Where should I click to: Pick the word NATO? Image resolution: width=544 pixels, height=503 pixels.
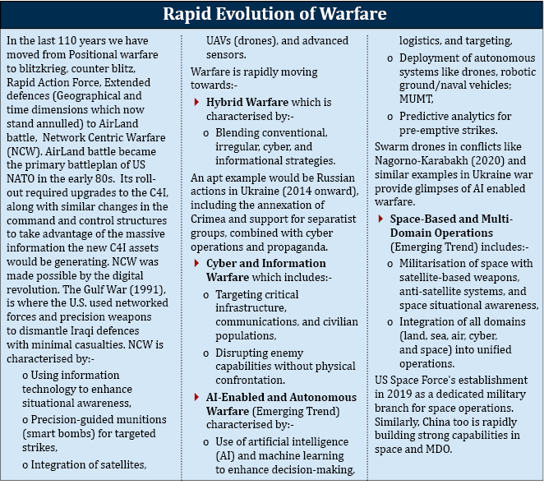coord(21,178)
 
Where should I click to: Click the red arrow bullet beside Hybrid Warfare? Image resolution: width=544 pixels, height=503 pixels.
coord(196,102)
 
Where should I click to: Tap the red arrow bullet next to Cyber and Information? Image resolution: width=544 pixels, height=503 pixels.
coord(196,263)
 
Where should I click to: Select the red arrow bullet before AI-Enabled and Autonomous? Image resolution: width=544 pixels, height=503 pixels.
coord(196,397)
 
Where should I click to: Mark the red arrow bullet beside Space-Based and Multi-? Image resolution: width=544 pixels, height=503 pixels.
coord(380,219)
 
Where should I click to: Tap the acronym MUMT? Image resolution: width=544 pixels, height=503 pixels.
coord(416,99)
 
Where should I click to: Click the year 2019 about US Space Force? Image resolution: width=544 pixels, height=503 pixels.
coord(399,394)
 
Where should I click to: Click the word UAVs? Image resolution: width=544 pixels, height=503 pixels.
coord(219,40)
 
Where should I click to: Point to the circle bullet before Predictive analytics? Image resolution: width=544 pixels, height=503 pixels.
coord(390,118)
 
